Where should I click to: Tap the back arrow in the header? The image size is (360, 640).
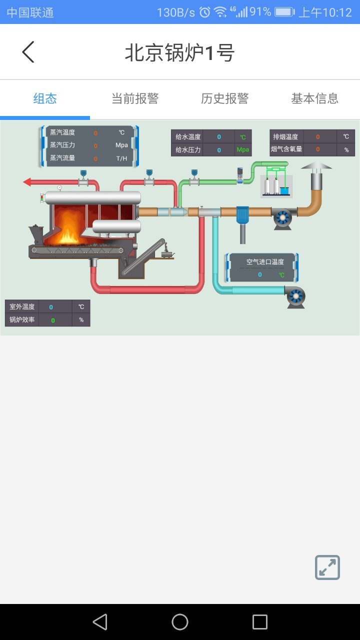[x=28, y=52]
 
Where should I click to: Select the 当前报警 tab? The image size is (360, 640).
[x=135, y=98]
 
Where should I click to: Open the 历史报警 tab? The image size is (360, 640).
[x=225, y=98]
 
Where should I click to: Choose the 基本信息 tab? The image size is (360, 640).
[x=315, y=98]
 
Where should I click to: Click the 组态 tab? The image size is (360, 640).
[x=45, y=98]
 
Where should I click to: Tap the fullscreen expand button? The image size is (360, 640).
[x=327, y=567]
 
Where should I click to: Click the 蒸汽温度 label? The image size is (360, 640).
[x=62, y=132]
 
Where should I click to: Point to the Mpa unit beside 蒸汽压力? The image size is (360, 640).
[x=121, y=145]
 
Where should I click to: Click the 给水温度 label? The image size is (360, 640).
[x=188, y=137]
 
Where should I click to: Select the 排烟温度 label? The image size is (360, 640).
[x=285, y=137]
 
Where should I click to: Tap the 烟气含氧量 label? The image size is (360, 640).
[x=286, y=149]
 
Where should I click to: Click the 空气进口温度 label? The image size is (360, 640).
[x=265, y=262]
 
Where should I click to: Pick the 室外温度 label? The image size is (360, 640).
[x=22, y=306]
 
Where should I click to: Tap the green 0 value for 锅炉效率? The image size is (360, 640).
[x=53, y=320]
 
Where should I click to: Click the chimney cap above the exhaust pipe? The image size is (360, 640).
[x=316, y=166]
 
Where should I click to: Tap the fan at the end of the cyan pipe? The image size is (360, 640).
[x=295, y=296]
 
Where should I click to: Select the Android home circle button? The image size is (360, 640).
[x=180, y=622]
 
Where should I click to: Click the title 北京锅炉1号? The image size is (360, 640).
[x=180, y=52]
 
